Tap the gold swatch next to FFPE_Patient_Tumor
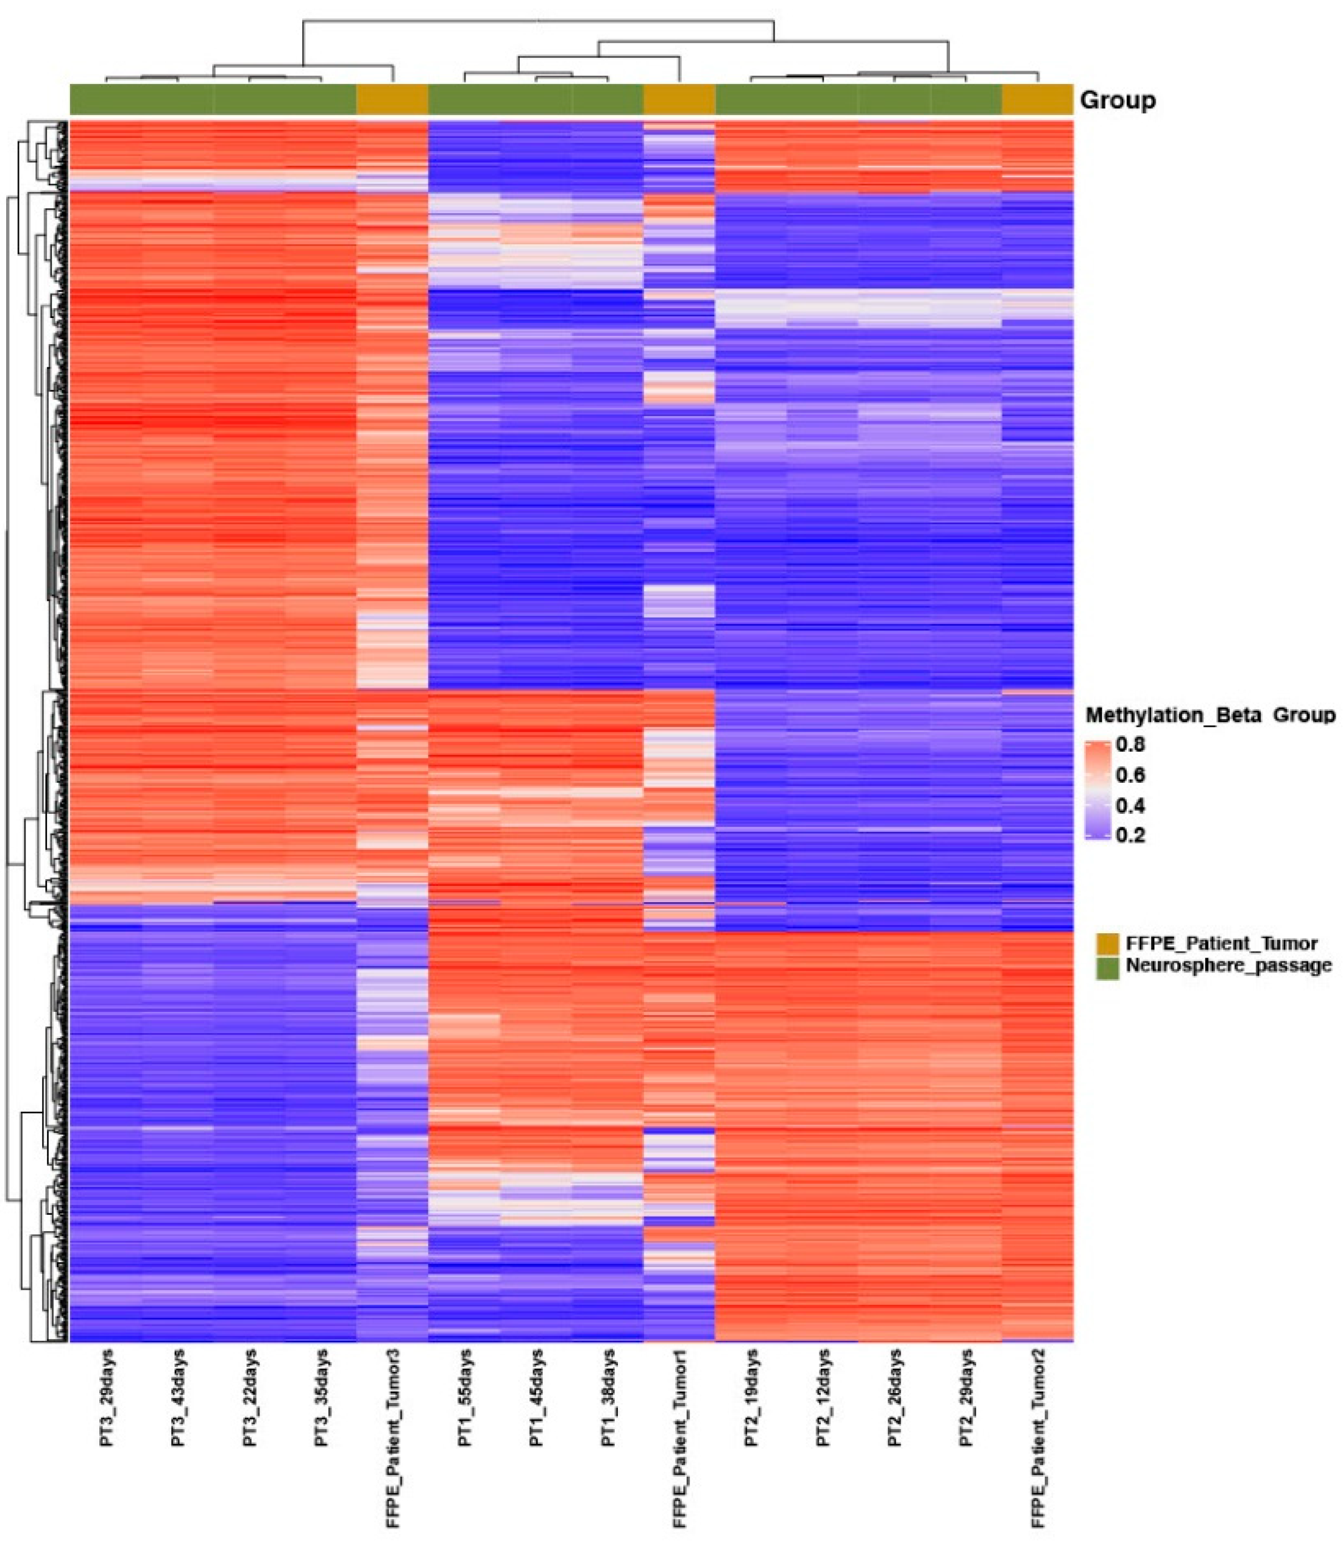point(1107,944)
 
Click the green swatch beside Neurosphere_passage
point(1107,967)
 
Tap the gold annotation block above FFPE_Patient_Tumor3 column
point(392,100)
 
